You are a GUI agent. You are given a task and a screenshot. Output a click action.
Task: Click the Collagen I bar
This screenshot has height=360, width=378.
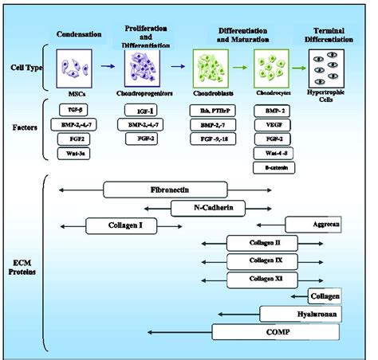click(x=124, y=225)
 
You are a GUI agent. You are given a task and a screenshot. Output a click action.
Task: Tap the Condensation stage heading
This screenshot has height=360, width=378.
click(x=79, y=33)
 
